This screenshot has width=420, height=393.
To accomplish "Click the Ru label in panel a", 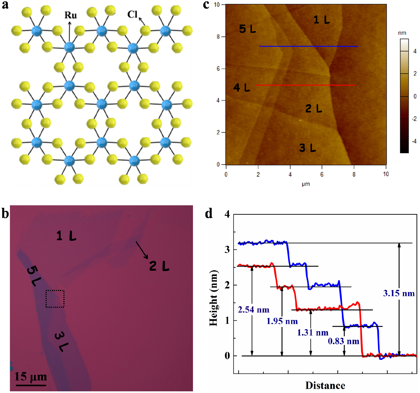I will (x=70, y=15).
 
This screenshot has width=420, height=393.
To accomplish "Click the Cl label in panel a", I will (x=132, y=14).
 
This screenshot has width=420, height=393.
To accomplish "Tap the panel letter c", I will (x=206, y=5).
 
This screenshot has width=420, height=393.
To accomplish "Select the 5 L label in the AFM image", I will (x=247, y=29).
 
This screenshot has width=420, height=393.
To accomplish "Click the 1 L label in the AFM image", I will (x=321, y=20).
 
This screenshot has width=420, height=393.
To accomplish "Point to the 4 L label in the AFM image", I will (x=241, y=87).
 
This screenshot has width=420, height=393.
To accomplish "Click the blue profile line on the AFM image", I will (x=309, y=46).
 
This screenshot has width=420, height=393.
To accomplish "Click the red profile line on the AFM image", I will (x=306, y=85).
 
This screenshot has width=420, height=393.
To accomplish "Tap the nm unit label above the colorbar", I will (x=402, y=33).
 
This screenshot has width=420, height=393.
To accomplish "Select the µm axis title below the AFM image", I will (x=306, y=184).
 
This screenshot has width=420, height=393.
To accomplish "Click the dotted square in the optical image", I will (x=55, y=299).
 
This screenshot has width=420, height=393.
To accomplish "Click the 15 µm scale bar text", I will (x=31, y=376).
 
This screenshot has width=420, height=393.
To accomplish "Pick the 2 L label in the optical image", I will (x=159, y=266).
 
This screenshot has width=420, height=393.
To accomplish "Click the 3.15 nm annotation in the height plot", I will (x=398, y=293).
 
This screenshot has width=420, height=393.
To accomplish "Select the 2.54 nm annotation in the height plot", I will (x=254, y=309).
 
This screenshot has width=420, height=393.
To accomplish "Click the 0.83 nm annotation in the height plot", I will (x=343, y=341).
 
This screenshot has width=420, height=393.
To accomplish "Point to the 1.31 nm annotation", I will (x=312, y=332).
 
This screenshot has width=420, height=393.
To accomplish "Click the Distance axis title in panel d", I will (x=325, y=385).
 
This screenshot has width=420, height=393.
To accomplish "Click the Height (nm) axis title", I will (x=213, y=298).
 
